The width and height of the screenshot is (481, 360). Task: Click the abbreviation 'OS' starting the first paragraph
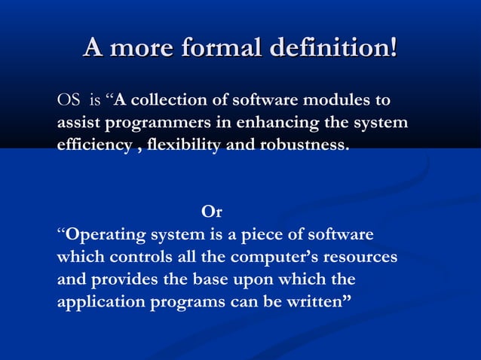[x=68, y=99]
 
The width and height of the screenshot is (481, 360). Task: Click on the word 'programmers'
[x=152, y=122]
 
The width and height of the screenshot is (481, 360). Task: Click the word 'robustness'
[x=302, y=145]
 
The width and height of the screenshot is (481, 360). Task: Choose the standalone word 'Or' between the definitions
[x=212, y=212]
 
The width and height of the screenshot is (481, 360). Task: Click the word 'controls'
[x=127, y=257]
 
